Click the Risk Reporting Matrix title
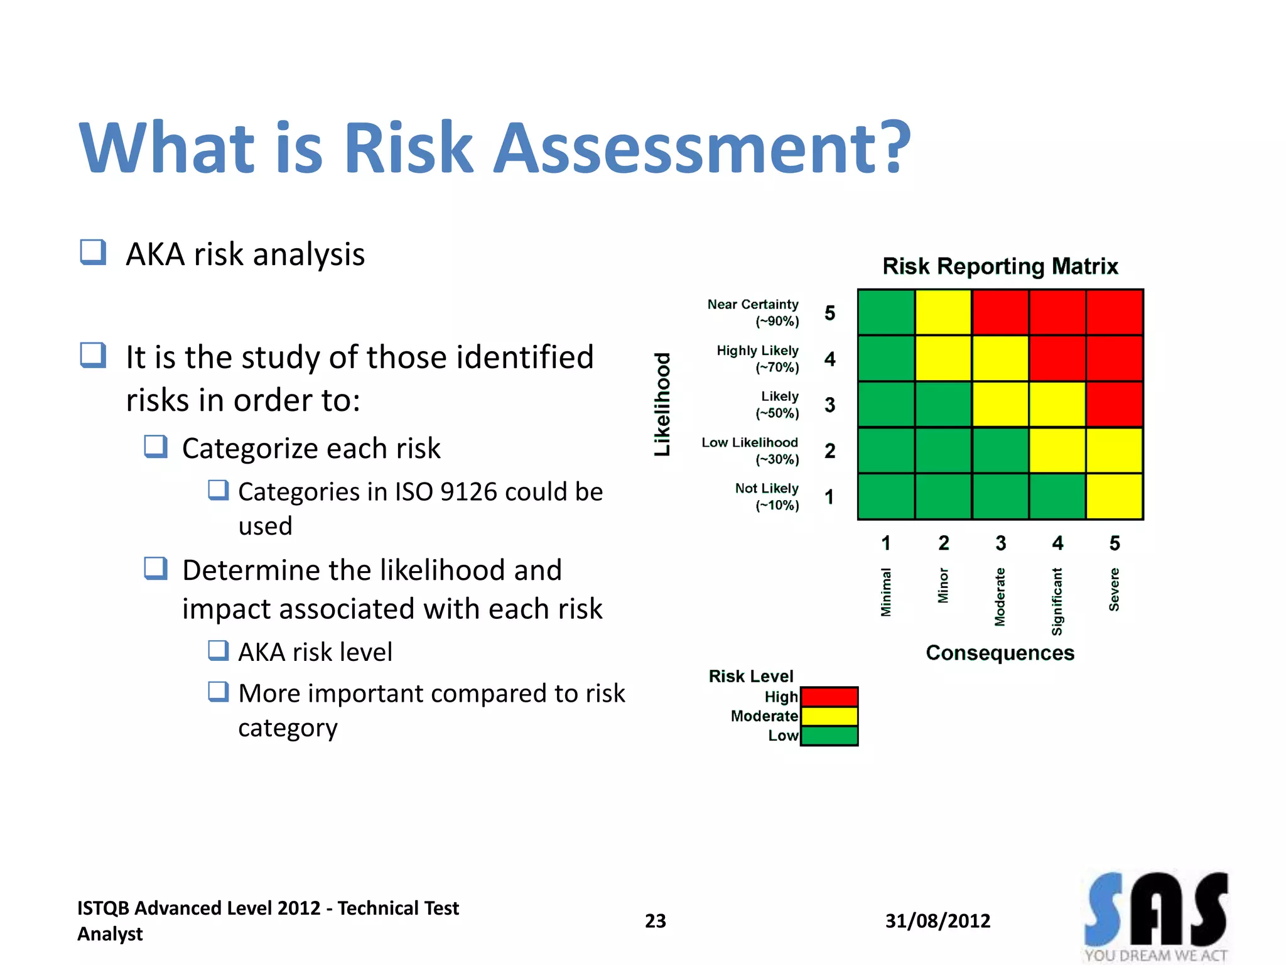pyautogui.click(x=1000, y=266)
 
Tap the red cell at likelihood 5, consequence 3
pyautogui.click(x=1000, y=312)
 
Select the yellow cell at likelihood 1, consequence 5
pyautogui.click(x=1114, y=496)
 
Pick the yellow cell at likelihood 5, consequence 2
pyautogui.click(x=943, y=312)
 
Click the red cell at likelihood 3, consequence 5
pyautogui.click(x=1114, y=404)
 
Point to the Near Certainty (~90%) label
pyautogui.click(x=753, y=312)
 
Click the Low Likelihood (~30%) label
pyautogui.click(x=750, y=450)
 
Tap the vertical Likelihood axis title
pyautogui.click(x=662, y=404)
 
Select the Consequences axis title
pyautogui.click(x=1000, y=653)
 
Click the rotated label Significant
pyautogui.click(x=1057, y=601)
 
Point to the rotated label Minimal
pyautogui.click(x=885, y=592)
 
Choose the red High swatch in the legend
pyautogui.click(x=829, y=697)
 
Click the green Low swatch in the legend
pyautogui.click(x=829, y=736)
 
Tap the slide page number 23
pyautogui.click(x=655, y=921)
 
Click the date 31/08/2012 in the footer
pyautogui.click(x=937, y=921)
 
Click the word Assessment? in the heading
pyautogui.click(x=701, y=148)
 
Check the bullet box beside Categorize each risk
pyautogui.click(x=155, y=447)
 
